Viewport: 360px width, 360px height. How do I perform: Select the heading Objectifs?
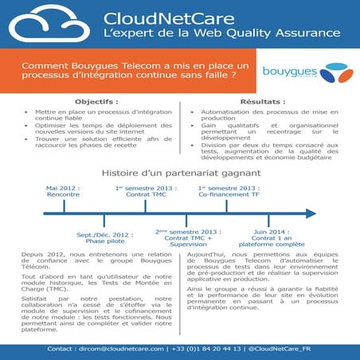coord(96,103)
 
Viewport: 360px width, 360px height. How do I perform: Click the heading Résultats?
coord(263,103)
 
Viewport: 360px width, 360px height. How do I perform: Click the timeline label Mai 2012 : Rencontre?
coord(63,191)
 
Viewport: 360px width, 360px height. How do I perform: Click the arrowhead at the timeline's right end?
coord(311,213)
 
